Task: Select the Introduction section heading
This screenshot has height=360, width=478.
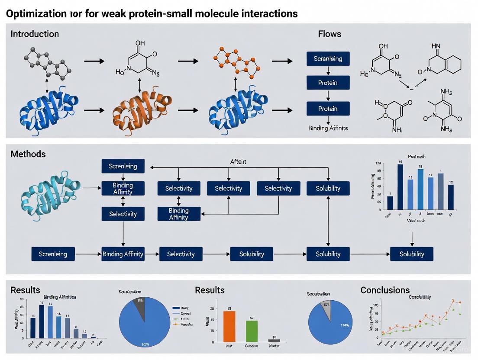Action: click(35, 34)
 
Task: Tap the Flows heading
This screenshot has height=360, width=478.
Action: click(329, 34)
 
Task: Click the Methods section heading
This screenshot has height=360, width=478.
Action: click(28, 154)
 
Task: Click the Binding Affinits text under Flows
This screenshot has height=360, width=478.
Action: click(328, 128)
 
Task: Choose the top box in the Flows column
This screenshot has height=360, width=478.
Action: click(328, 58)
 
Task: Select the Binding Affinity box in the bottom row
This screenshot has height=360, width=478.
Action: click(123, 254)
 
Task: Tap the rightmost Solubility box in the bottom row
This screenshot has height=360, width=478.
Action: click(412, 254)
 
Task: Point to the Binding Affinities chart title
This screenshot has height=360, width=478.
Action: click(60, 297)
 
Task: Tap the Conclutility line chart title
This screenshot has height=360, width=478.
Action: click(420, 297)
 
